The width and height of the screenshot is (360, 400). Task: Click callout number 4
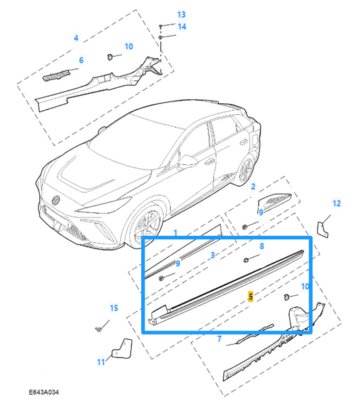pos(76,38)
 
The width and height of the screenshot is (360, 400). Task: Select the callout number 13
pos(162,14)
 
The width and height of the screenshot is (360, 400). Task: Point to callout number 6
pos(81,60)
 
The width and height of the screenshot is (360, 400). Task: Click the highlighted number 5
pos(251,296)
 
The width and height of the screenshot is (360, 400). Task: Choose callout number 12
pos(336,203)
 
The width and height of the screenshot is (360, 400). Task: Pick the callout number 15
pos(113,309)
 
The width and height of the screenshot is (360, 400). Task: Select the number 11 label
pos(100,362)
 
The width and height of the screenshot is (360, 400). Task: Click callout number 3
pos(212,255)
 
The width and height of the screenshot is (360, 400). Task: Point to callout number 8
pos(262,247)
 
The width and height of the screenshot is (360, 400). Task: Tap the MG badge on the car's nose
pos(56,199)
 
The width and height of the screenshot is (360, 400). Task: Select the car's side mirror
pos(188,162)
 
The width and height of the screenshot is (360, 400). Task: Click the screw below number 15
pos(99,328)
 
